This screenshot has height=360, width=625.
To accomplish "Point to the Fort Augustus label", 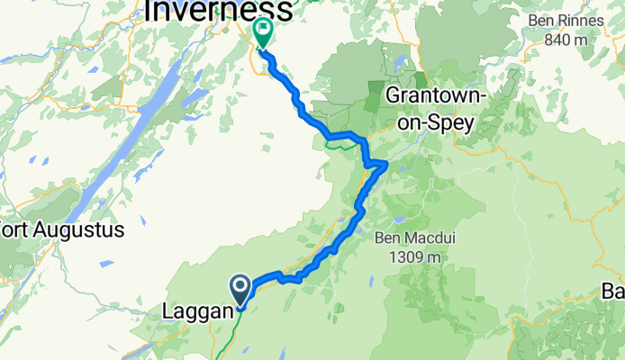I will pos(59,230).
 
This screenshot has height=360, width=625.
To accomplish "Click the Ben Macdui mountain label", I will pos(411,238).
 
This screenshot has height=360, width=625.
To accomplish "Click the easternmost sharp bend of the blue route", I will pos(386,163).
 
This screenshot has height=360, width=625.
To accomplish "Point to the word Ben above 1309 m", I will pos(387,238).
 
